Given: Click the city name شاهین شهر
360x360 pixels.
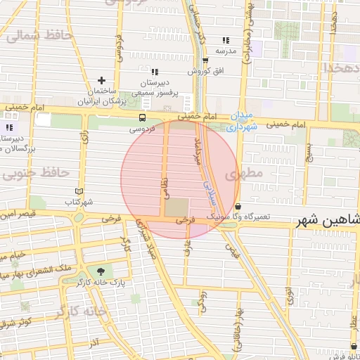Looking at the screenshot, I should tap(327, 221).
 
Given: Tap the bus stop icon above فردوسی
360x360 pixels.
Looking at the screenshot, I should tap(143, 117).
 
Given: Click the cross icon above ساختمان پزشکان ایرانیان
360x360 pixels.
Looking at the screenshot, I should tap(103, 81).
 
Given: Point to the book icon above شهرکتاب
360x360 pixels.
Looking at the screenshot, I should tap(79, 191).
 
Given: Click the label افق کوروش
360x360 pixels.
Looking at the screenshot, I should tap(205, 72).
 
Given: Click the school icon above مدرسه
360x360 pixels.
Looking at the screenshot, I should tap(226, 41).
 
